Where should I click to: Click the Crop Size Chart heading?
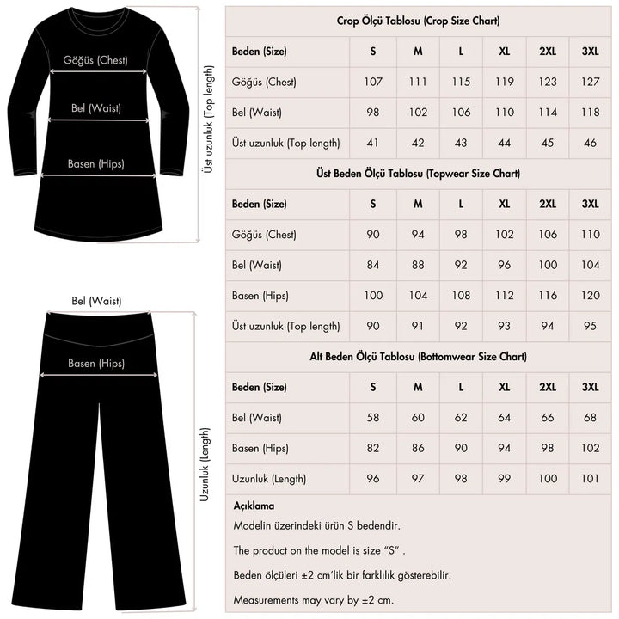coord(418,21)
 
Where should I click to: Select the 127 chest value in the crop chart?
coord(590,82)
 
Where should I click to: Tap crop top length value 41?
coord(373,143)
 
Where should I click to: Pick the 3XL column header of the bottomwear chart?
coord(590,387)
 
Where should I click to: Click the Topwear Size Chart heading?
coord(418,173)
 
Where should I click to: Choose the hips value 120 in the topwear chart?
coord(590,296)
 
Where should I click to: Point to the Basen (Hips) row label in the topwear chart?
coord(260,296)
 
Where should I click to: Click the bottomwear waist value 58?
coord(373,418)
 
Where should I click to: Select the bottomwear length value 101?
coord(590,478)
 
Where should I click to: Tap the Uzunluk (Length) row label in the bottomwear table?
coord(269,478)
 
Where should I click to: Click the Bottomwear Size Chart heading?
coord(418,356)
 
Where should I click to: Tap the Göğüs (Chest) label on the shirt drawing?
coord(95,60)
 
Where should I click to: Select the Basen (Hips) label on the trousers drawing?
coord(96,363)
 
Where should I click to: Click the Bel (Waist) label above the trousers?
coord(96,301)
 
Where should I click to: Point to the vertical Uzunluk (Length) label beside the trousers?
coord(205,465)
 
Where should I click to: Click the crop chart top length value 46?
coord(590,143)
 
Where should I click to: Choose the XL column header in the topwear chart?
coord(504,204)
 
